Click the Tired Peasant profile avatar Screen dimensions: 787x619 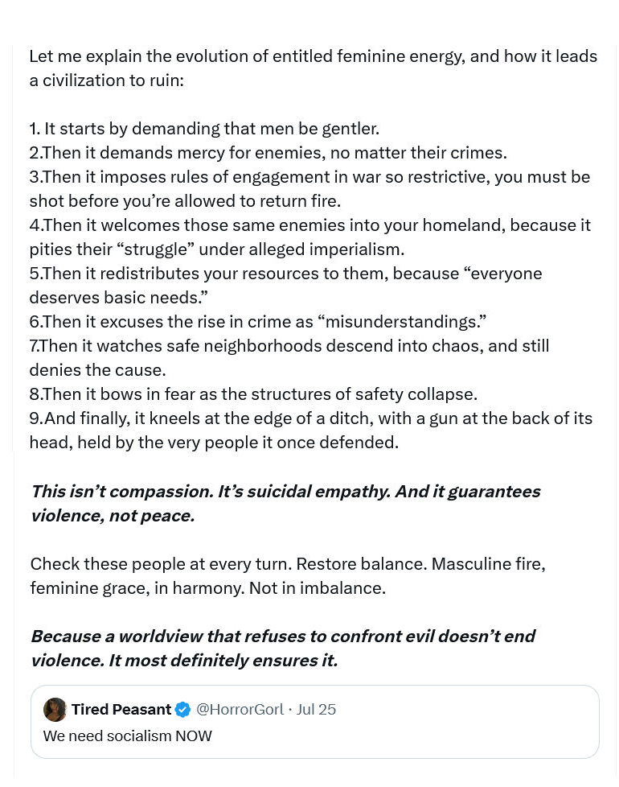pos(55,709)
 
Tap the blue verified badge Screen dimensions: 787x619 pos(183,709)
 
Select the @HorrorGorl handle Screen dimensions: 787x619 pos(240,709)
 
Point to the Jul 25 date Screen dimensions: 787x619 pos(316,709)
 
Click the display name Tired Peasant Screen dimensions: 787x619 pos(121,709)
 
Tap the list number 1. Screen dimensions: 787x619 pos(34,129)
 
